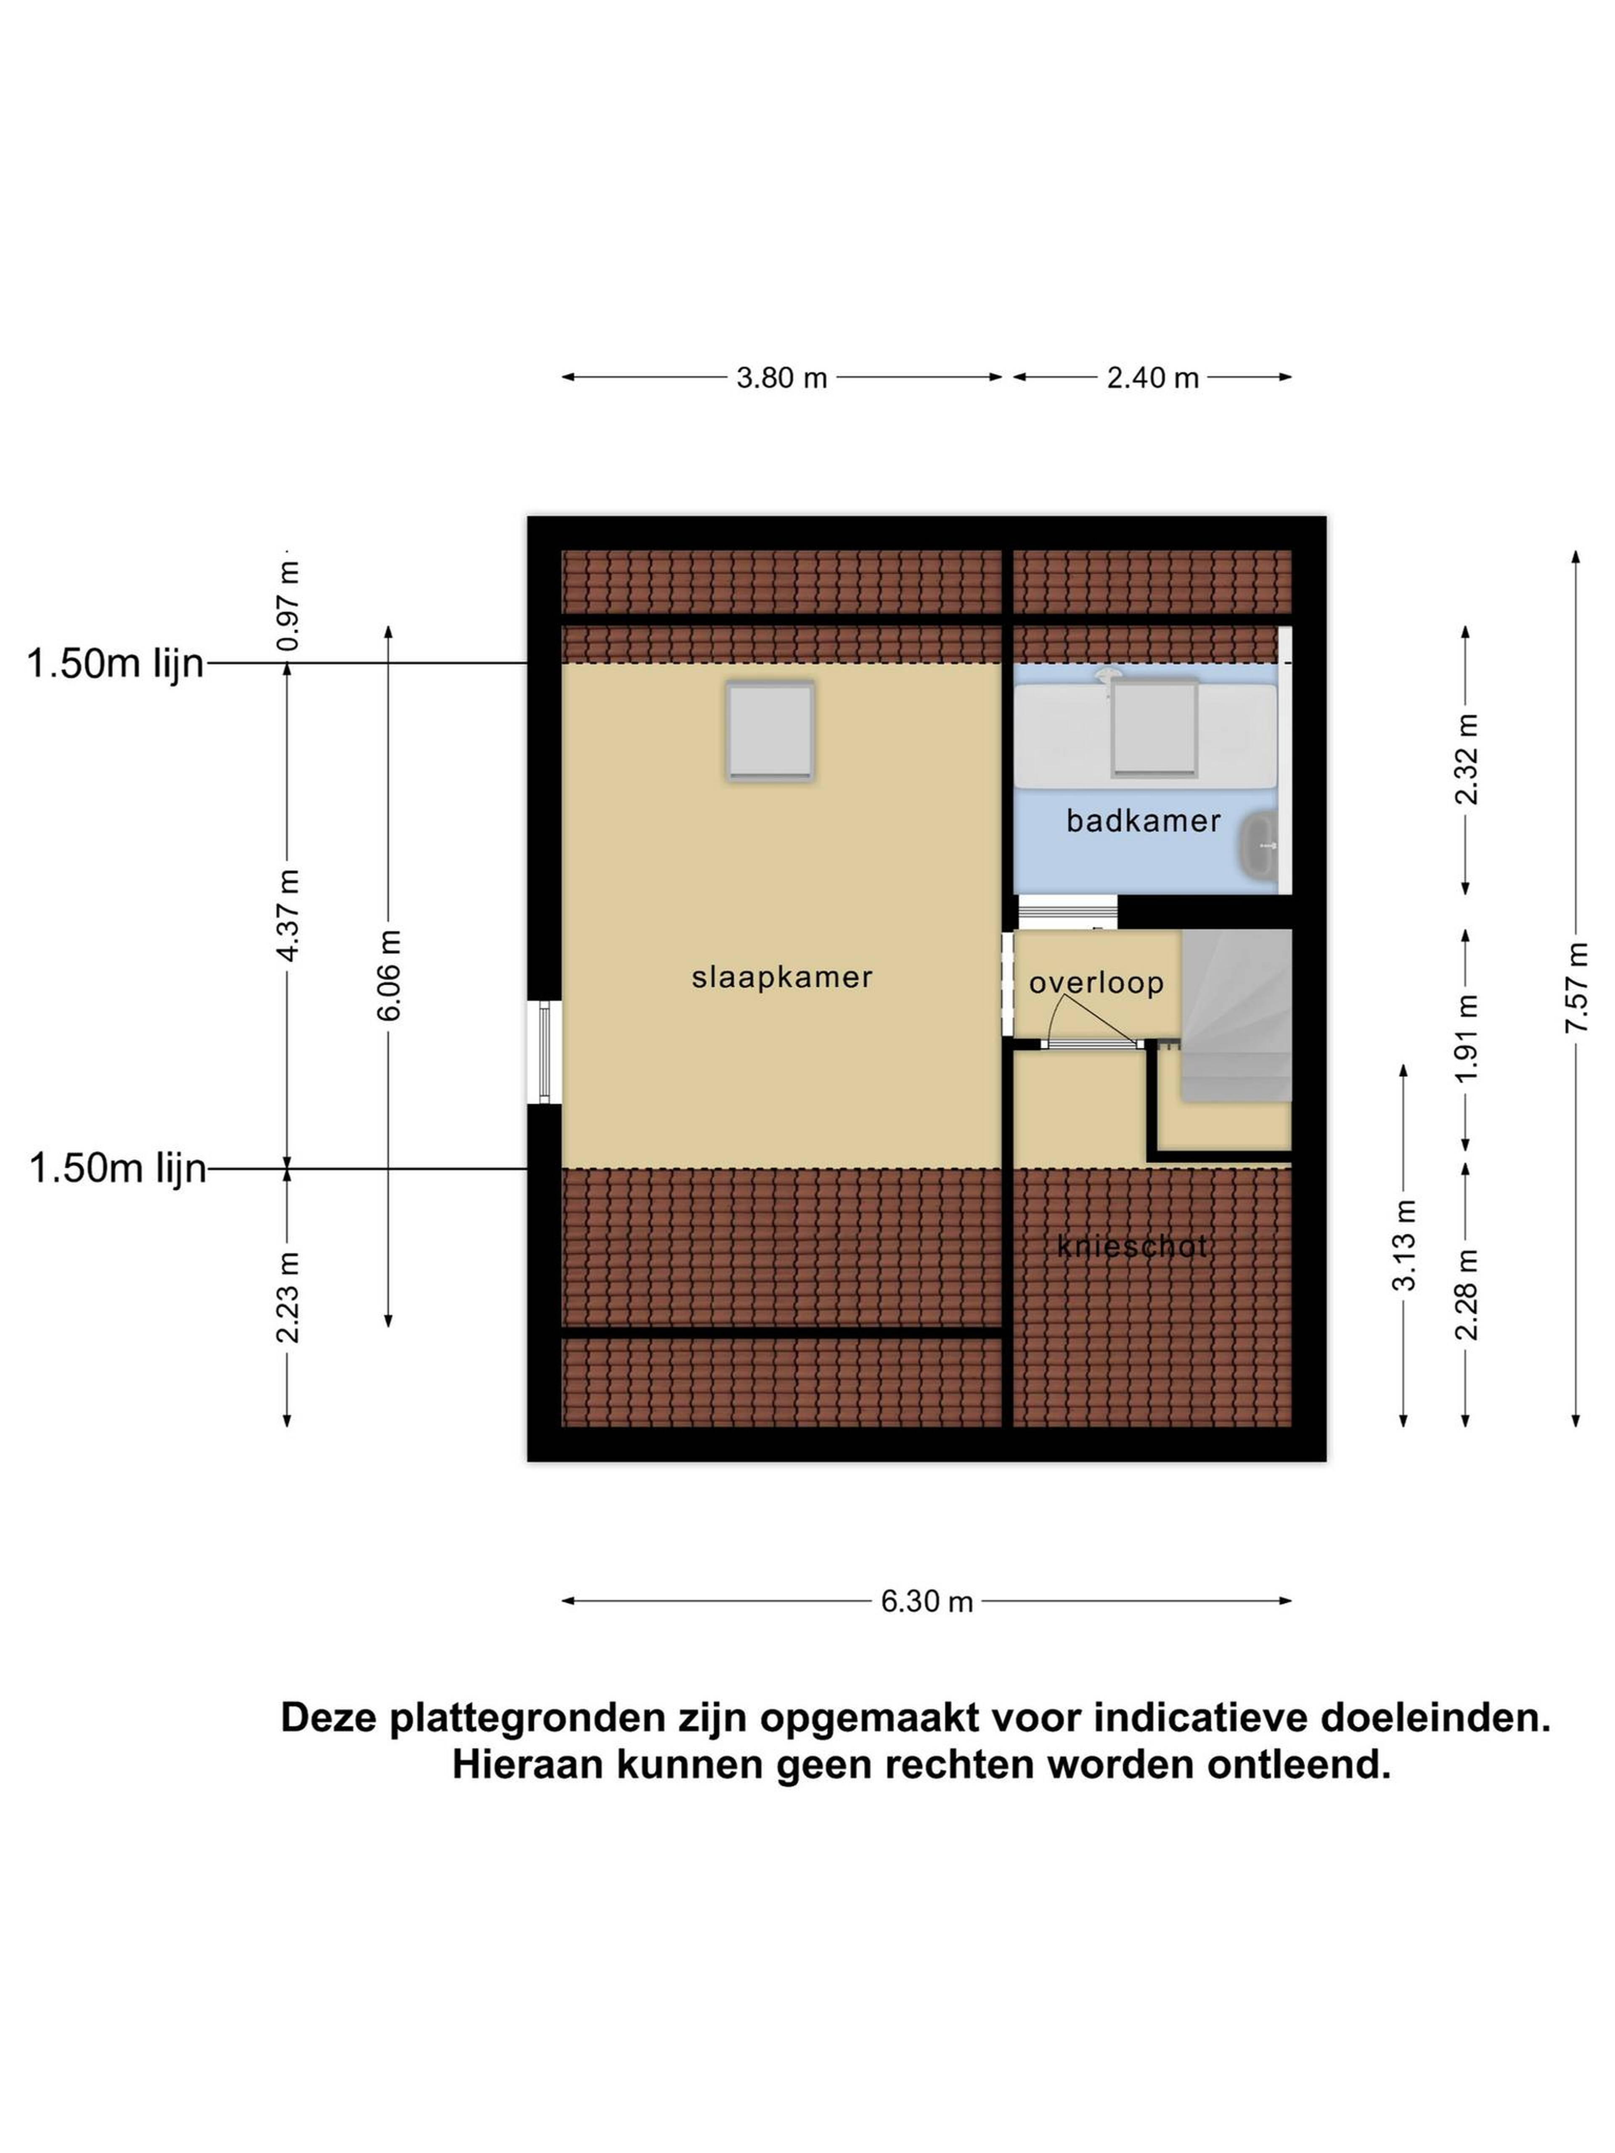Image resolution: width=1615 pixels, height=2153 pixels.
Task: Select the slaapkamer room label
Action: pos(782,977)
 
